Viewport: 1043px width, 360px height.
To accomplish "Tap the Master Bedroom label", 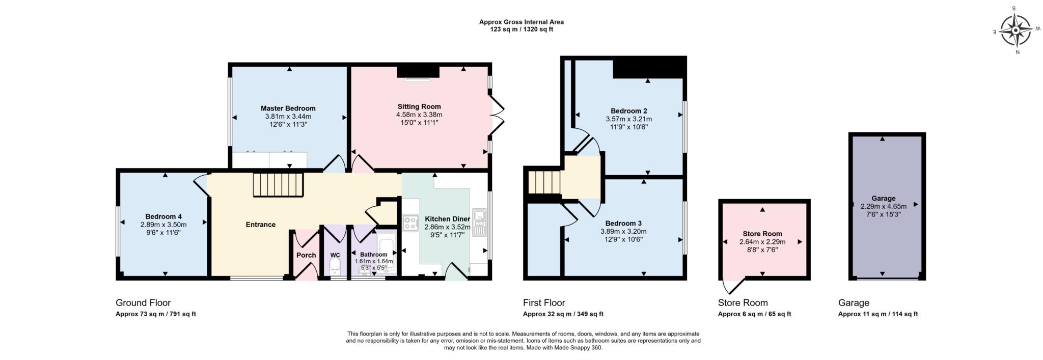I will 288,108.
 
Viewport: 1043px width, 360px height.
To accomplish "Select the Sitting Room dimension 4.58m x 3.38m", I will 419,115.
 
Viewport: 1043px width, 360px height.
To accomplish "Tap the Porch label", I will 306,255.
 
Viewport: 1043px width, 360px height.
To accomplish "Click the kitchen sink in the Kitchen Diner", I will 479,223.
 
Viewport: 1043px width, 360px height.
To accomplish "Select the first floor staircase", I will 543,182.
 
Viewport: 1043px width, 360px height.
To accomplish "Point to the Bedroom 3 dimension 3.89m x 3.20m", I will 623,231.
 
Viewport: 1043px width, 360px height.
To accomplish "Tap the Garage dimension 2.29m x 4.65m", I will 883,207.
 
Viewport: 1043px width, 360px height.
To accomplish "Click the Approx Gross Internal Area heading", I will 521,22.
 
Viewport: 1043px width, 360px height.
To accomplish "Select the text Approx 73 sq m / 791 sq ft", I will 156,314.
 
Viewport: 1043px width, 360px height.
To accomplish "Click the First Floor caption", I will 544,302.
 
